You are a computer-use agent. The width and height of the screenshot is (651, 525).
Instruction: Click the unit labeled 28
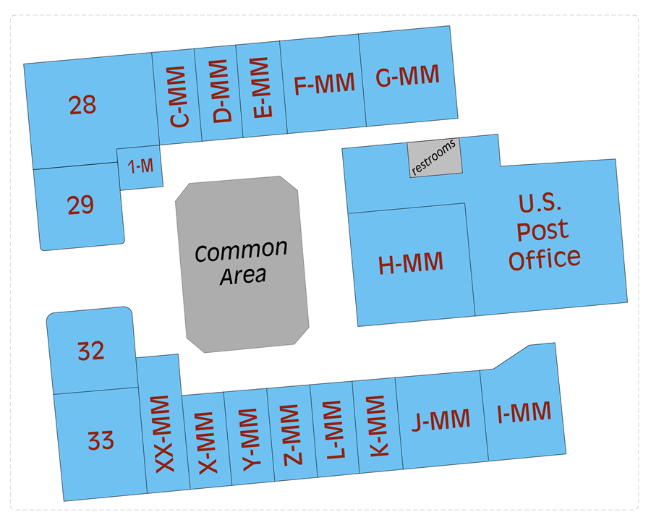pyautogui.click(x=82, y=106)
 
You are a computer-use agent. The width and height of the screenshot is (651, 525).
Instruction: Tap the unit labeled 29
pyautogui.click(x=80, y=205)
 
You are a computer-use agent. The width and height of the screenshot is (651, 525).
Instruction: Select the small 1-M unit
pyautogui.click(x=140, y=166)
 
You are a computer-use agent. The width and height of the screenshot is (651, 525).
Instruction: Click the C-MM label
pyautogui.click(x=178, y=97)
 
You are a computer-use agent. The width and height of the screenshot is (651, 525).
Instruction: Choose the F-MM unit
pyautogui.click(x=324, y=84)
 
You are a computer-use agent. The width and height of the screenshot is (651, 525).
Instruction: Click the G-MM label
pyautogui.click(x=407, y=77)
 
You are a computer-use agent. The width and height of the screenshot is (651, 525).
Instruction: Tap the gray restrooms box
pyautogui.click(x=435, y=158)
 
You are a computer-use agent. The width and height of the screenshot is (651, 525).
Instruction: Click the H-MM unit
pyautogui.click(x=411, y=264)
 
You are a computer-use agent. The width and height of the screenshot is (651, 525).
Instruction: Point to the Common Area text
pyautogui.click(x=242, y=262)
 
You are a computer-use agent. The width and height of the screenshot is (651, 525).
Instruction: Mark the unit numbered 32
pyautogui.click(x=91, y=351)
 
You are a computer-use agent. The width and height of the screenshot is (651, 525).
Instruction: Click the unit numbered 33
pyautogui.click(x=101, y=440)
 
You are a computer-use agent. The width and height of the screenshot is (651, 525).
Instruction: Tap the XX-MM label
pyautogui.click(x=161, y=434)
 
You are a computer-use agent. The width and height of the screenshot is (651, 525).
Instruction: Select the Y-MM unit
pyautogui.click(x=248, y=440)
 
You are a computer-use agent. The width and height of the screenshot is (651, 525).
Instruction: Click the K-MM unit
pyautogui.click(x=376, y=426)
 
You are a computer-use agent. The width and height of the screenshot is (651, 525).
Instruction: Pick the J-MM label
pyautogui.click(x=440, y=419)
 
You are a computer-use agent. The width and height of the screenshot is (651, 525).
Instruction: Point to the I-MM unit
pyautogui.click(x=524, y=412)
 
